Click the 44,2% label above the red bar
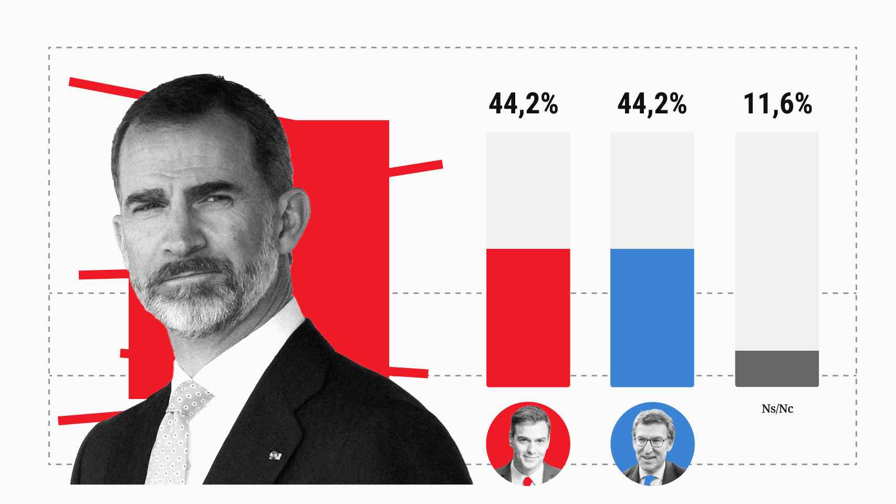523,104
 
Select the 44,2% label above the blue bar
652,104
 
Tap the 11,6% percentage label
778,104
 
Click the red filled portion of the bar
528,318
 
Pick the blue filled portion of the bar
652,318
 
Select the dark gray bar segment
777,369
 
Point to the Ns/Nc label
777,408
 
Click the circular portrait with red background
528,444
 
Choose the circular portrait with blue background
652,444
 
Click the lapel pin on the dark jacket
275,455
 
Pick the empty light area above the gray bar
777,241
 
